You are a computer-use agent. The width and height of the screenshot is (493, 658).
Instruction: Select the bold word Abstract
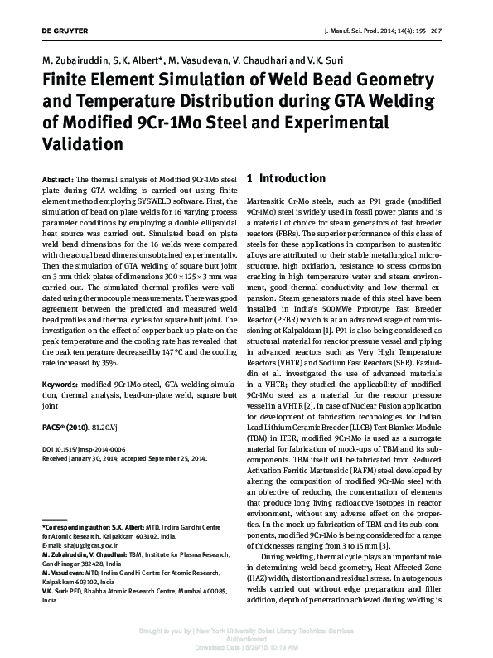(x=56, y=179)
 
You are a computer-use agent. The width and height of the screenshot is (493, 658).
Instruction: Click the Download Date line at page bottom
(x=246, y=647)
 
